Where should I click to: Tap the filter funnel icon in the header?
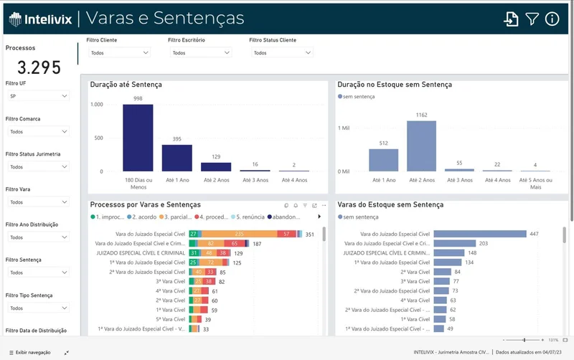click(x=532, y=19)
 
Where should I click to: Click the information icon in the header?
click(x=552, y=19)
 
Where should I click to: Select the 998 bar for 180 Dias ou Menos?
click(x=138, y=138)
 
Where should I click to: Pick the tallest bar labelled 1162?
click(x=421, y=146)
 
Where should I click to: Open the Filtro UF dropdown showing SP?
click(x=39, y=96)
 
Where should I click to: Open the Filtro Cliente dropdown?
click(x=119, y=53)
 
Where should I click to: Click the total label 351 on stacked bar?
click(x=310, y=235)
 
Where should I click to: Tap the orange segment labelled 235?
click(x=239, y=235)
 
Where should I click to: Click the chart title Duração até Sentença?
click(x=126, y=85)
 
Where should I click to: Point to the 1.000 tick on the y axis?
click(x=97, y=105)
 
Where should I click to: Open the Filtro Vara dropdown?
click(x=39, y=202)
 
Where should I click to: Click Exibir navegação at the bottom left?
click(x=33, y=353)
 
